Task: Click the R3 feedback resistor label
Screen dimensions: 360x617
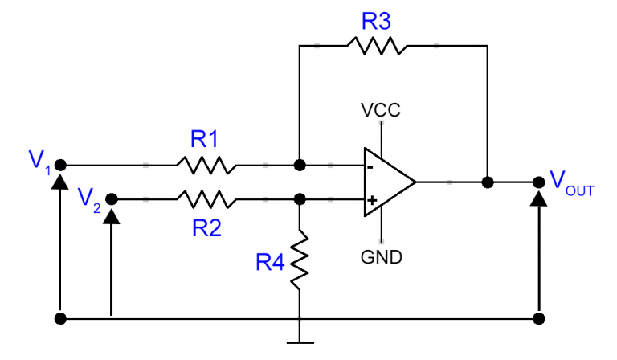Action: (375, 21)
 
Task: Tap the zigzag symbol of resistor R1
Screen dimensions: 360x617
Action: (206, 166)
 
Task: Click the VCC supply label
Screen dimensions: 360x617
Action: (382, 109)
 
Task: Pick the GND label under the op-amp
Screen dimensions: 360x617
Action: (382, 258)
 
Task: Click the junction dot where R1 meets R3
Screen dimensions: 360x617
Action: (300, 166)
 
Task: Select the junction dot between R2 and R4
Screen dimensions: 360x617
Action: (300, 198)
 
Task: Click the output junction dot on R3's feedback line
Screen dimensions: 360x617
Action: (487, 182)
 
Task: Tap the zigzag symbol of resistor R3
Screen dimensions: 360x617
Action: (375, 45)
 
